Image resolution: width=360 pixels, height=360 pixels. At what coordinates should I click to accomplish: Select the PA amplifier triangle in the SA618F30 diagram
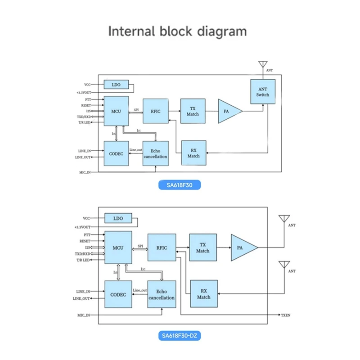[x=229, y=111]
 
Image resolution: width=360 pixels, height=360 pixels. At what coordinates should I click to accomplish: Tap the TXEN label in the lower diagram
[x=286, y=315]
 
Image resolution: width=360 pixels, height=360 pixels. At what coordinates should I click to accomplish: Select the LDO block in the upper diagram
[x=116, y=85]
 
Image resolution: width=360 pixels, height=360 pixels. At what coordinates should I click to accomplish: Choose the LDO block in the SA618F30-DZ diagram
[x=118, y=219]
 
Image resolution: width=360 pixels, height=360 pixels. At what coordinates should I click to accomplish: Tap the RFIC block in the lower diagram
[x=162, y=247]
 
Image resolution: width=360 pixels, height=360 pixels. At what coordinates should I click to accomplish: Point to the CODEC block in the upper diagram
[x=116, y=153]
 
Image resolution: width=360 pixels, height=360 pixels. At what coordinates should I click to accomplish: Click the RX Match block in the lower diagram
[x=204, y=294]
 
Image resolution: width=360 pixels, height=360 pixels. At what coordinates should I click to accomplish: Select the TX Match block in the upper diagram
[x=193, y=111]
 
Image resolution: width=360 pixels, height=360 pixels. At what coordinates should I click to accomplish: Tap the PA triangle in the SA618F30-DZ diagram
[x=242, y=247]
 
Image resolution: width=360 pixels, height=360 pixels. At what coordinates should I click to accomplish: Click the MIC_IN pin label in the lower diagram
[x=83, y=315]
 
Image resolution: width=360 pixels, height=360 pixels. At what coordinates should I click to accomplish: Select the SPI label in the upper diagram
[x=136, y=109]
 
